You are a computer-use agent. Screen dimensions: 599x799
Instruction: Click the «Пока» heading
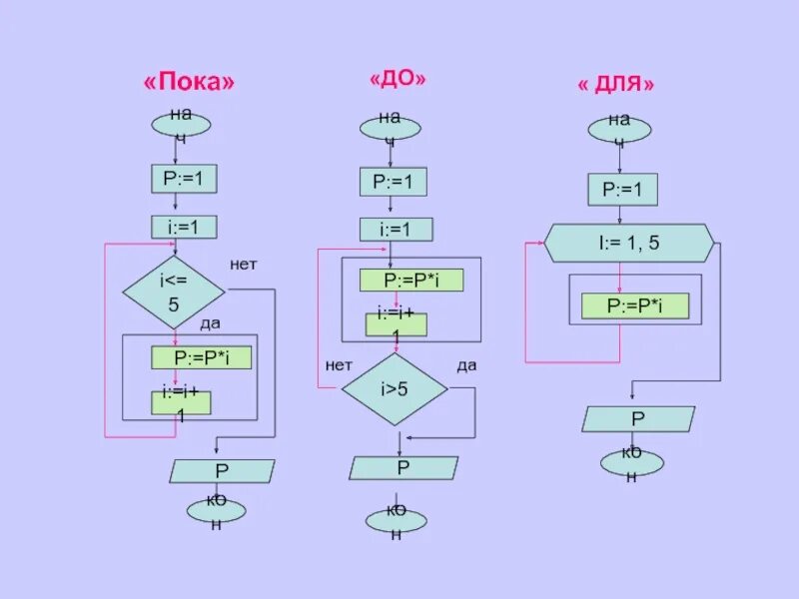[x=190, y=82]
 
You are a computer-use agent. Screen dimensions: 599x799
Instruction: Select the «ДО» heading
[x=398, y=78]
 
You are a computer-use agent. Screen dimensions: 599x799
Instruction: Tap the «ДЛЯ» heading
[x=615, y=85]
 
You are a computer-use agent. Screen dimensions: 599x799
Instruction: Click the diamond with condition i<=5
[x=174, y=292]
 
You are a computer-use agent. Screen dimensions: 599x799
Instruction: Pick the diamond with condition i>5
[x=396, y=388]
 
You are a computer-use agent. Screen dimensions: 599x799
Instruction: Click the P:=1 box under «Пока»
[x=183, y=179]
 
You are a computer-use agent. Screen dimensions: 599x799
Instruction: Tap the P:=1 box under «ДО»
[x=393, y=182]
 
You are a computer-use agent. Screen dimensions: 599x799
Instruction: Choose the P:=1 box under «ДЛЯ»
[x=622, y=190]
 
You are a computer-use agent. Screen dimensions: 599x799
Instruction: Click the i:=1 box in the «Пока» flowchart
[x=184, y=227]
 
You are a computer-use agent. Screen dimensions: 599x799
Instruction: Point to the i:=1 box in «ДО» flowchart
[x=397, y=229]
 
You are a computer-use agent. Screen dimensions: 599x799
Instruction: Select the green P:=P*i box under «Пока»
[x=201, y=357]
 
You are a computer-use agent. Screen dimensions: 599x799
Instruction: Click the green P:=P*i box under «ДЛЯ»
[x=635, y=305]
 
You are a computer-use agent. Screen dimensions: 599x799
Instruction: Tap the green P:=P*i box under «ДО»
[x=411, y=281]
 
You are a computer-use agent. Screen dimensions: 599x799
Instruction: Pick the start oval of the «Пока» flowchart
[x=181, y=125]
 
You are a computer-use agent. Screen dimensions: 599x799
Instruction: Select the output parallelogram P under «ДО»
[x=403, y=467]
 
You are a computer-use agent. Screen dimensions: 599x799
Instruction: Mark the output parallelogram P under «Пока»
[x=222, y=471]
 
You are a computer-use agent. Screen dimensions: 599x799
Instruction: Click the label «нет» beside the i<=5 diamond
[x=243, y=265]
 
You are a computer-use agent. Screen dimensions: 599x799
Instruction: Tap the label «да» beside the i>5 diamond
[x=466, y=365]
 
